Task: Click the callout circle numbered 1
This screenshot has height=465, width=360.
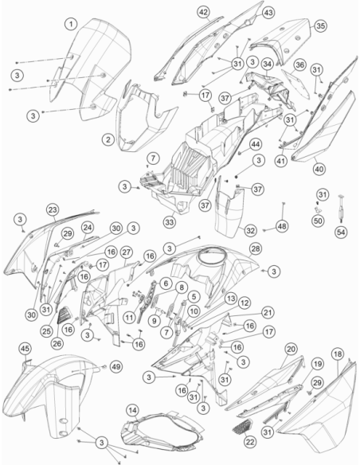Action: point(71,24)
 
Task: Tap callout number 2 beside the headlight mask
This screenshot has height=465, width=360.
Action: point(108,139)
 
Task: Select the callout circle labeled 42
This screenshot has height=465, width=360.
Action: point(203,12)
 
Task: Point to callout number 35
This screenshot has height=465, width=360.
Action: point(320,25)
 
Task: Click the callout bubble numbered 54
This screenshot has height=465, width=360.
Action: point(341,232)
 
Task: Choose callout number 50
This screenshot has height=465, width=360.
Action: point(318,221)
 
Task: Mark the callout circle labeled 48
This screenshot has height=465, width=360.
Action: point(281,226)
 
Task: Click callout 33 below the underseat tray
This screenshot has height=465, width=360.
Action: point(170,222)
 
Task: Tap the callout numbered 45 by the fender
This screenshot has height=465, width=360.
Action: point(25,349)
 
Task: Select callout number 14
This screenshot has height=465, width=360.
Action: point(132,410)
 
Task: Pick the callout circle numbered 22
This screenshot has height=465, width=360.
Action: point(249,442)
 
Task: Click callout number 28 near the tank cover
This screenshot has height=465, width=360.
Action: point(256,248)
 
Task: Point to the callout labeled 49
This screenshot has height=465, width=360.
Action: point(116,367)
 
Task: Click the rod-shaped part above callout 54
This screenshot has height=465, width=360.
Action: point(341,209)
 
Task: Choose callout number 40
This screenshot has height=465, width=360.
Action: point(319,169)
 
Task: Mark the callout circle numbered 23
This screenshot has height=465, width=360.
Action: point(53,210)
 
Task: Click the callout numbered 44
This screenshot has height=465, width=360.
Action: point(256,144)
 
